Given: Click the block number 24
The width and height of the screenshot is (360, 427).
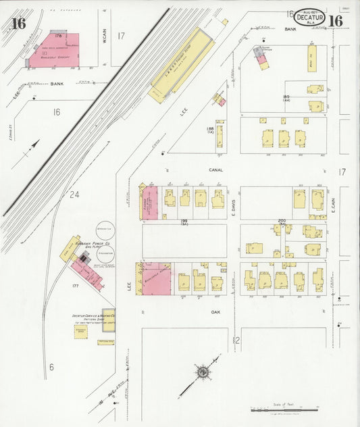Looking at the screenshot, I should pyautogui.click(x=74, y=195).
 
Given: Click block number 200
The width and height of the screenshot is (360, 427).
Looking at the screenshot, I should pyautogui.click(x=282, y=221).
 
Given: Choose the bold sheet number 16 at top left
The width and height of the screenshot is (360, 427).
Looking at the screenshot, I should pyautogui.click(x=18, y=23).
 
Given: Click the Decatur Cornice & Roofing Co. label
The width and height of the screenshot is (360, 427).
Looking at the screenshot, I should pyautogui.click(x=93, y=317).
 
